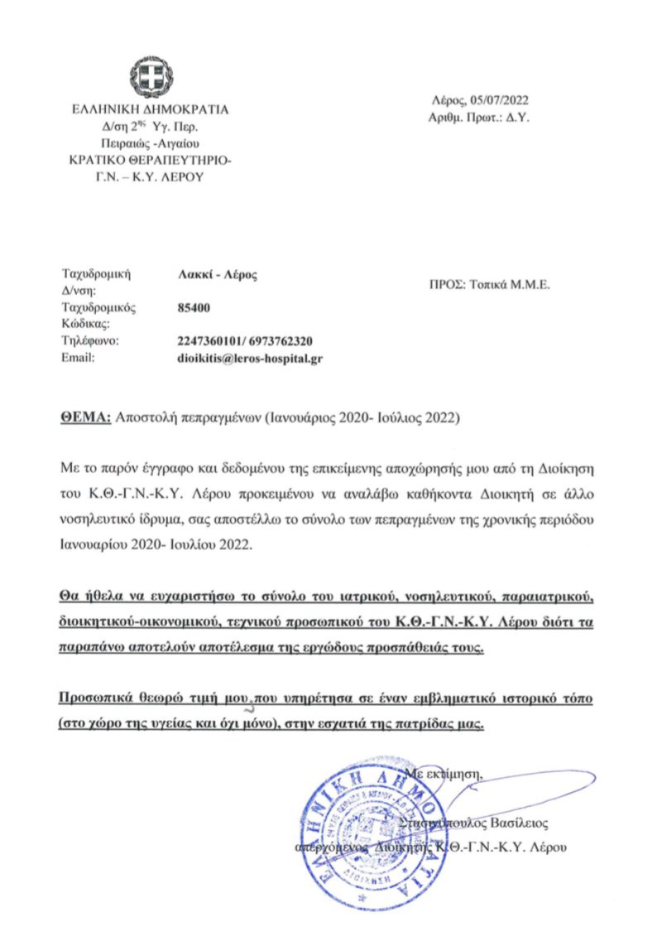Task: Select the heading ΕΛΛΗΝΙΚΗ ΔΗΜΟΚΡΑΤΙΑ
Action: (x=150, y=109)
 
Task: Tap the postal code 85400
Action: (x=194, y=307)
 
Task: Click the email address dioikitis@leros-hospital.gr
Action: (x=250, y=358)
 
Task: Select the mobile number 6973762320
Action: (x=281, y=341)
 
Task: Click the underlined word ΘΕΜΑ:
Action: (x=86, y=418)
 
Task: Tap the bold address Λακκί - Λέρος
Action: (x=218, y=275)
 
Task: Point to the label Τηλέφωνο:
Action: (x=92, y=341)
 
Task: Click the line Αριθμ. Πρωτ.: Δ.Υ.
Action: (x=479, y=118)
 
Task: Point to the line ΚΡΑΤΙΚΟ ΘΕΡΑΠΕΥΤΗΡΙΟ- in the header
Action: (x=150, y=159)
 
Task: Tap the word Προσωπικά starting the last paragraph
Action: (x=98, y=699)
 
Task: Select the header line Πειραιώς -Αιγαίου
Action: (x=150, y=143)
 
